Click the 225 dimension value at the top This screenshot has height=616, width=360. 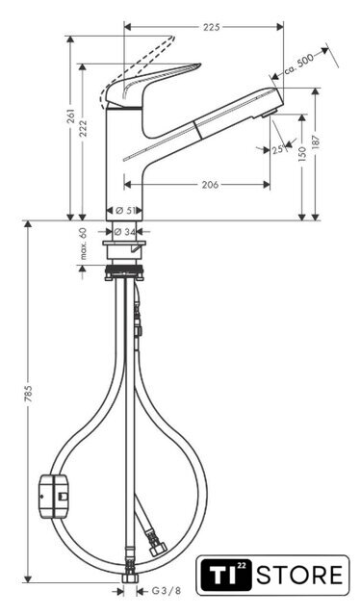[212, 27]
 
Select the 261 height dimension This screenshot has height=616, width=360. [71, 116]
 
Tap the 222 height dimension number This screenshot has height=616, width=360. [83, 128]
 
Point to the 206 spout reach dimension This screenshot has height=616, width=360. [210, 184]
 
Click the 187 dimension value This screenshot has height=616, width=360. [317, 141]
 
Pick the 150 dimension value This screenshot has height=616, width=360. [302, 154]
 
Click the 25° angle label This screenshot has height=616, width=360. [278, 150]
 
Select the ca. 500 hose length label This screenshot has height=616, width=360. [299, 64]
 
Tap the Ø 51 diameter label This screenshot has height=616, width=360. [124, 211]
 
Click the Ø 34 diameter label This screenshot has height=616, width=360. [124, 232]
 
